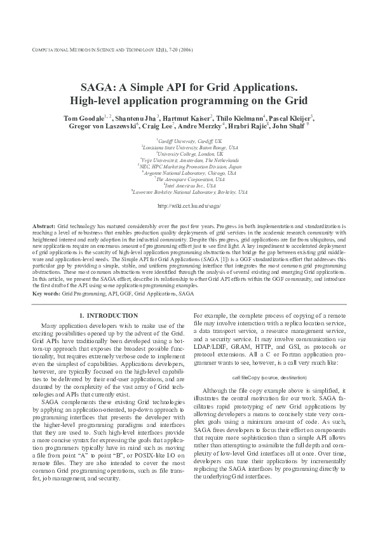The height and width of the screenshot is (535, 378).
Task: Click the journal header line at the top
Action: pos(111,50)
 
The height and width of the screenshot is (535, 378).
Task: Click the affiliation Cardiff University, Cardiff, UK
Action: pos(189,140)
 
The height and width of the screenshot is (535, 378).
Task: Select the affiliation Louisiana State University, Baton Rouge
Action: pos(190,147)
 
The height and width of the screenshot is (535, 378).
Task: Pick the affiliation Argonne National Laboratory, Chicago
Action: pos(190,173)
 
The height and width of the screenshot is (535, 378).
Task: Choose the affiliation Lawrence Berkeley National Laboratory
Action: pos(190,191)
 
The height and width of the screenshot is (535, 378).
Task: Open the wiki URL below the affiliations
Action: pos(189,207)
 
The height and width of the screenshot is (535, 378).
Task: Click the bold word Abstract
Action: pos(43,227)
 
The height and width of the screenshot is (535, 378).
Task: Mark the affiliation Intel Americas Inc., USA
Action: pos(189,185)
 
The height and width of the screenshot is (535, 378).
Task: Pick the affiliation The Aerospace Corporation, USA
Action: pos(190,179)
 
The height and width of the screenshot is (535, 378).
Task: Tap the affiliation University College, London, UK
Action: pos(190,153)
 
